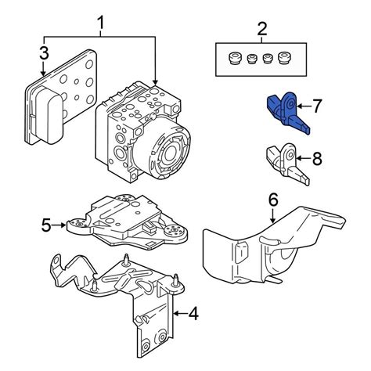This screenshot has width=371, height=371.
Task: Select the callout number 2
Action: pyautogui.click(x=262, y=29)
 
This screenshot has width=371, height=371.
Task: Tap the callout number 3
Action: pyautogui.click(x=44, y=53)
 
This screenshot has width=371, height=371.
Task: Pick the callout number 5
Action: pyautogui.click(x=46, y=225)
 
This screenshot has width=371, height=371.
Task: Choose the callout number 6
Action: pyautogui.click(x=273, y=200)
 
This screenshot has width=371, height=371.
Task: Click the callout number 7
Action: pyautogui.click(x=316, y=106)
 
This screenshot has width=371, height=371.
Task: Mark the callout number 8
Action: pyautogui.click(x=317, y=158)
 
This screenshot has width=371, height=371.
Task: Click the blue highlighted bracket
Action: pyautogui.click(x=286, y=113)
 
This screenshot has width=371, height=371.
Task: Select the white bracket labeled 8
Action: pyautogui.click(x=286, y=164)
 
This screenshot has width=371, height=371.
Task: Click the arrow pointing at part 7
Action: pyautogui.click(x=303, y=106)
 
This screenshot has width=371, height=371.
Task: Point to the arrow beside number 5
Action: pyautogui.click(x=59, y=225)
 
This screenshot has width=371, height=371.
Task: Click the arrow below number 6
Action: pyautogui.click(x=273, y=215)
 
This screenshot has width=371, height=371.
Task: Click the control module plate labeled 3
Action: pyautogui.click(x=60, y=97)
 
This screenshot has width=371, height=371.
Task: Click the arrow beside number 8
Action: pyautogui.click(x=304, y=158)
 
